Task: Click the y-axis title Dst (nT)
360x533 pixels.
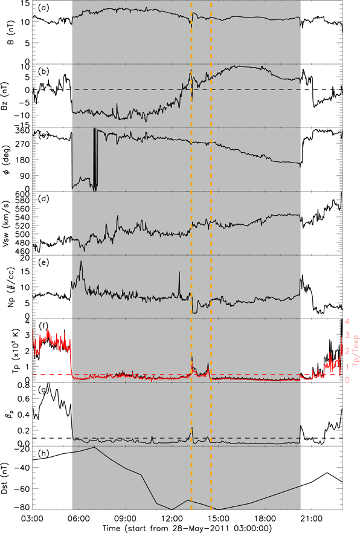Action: pos(7,477)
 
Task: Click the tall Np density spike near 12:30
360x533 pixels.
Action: pos(179,273)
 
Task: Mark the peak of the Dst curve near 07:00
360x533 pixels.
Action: pos(94,448)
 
